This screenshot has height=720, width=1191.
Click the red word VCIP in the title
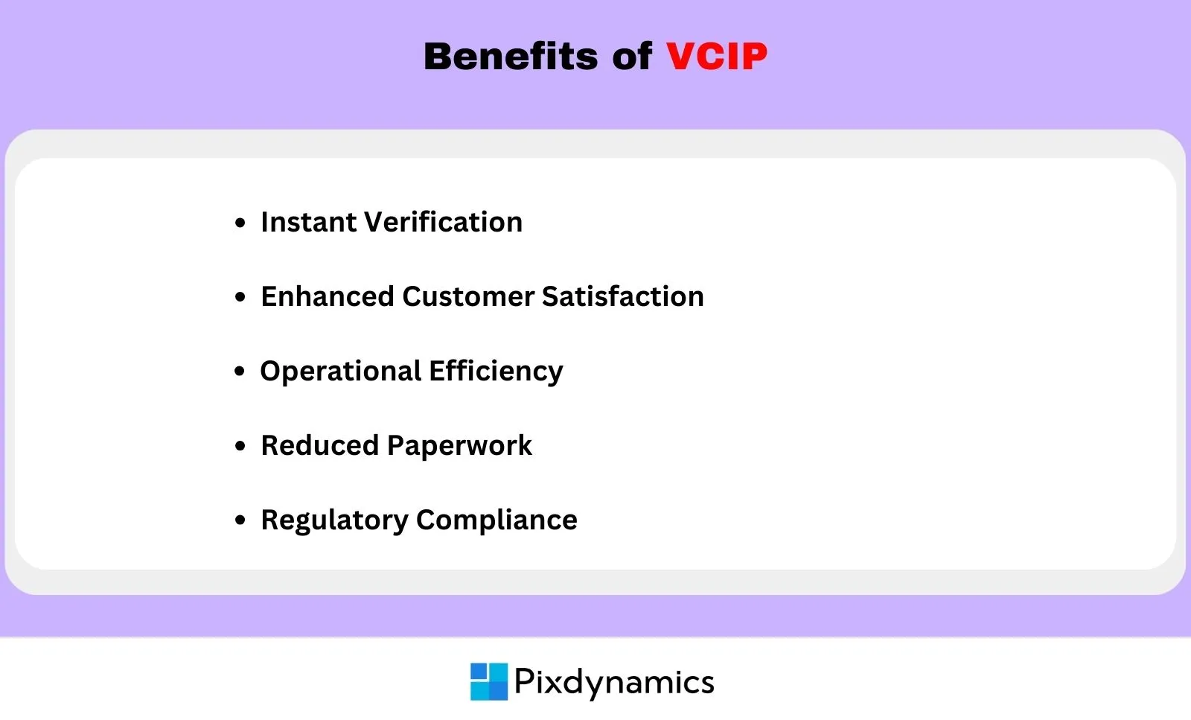[717, 56]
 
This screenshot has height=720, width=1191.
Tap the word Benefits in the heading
[511, 56]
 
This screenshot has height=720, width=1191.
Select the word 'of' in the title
[632, 56]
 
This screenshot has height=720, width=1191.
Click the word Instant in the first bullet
[308, 222]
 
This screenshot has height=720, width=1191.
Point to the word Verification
[444, 222]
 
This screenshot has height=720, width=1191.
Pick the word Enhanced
[327, 296]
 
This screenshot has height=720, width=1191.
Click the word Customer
[468, 296]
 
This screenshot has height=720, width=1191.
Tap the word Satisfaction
[622, 296]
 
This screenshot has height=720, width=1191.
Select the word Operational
[340, 372]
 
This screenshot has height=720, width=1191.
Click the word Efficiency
[496, 372]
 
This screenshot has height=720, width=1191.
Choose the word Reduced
[319, 445]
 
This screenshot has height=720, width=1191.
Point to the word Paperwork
[459, 446]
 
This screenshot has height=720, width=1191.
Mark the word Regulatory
[334, 520]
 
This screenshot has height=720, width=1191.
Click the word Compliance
[496, 520]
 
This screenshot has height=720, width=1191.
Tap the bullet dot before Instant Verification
[240, 223]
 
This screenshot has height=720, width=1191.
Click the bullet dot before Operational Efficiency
[240, 371]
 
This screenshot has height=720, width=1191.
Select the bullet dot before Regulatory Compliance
[240, 520]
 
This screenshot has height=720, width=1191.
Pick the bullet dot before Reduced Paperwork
[240, 445]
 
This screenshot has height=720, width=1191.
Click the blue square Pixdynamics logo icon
[489, 682]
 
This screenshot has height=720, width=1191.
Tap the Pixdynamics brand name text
[614, 683]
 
